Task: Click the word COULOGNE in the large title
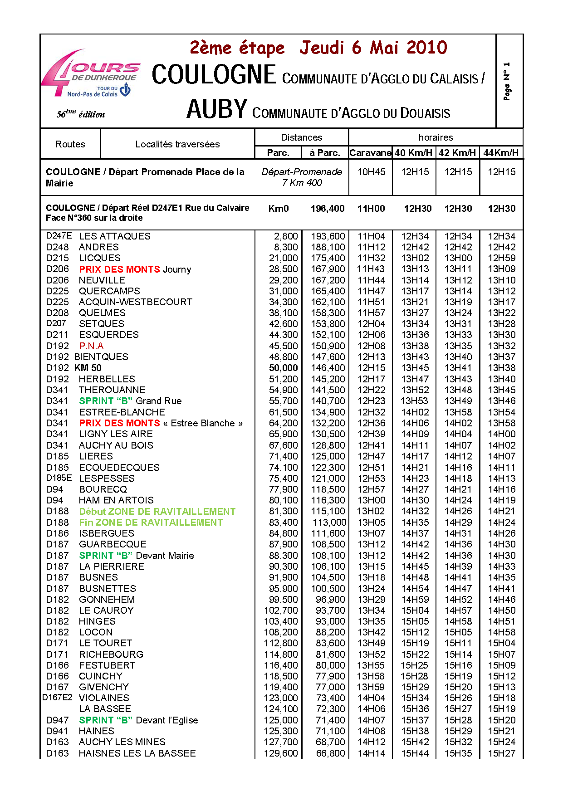coord(214,75)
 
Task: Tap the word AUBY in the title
coord(217,109)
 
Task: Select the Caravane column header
coord(370,153)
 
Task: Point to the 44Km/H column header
coord(501,153)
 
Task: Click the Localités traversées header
coord(177,144)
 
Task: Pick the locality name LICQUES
coord(100,258)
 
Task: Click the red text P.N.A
coord(91,346)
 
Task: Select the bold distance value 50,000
coord(284,368)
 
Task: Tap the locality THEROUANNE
coord(112,390)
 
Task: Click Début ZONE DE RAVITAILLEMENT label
coord(157,512)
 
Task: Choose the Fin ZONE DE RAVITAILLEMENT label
coord(151,523)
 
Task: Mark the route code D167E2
coord(57,698)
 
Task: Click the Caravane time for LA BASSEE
coord(371,709)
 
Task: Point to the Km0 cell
coord(279,209)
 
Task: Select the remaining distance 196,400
coord(328,209)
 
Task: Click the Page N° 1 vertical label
coord(507,82)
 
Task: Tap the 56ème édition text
coord(81,114)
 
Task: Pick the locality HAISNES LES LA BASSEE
coord(137,753)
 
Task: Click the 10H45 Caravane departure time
coord(371,172)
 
